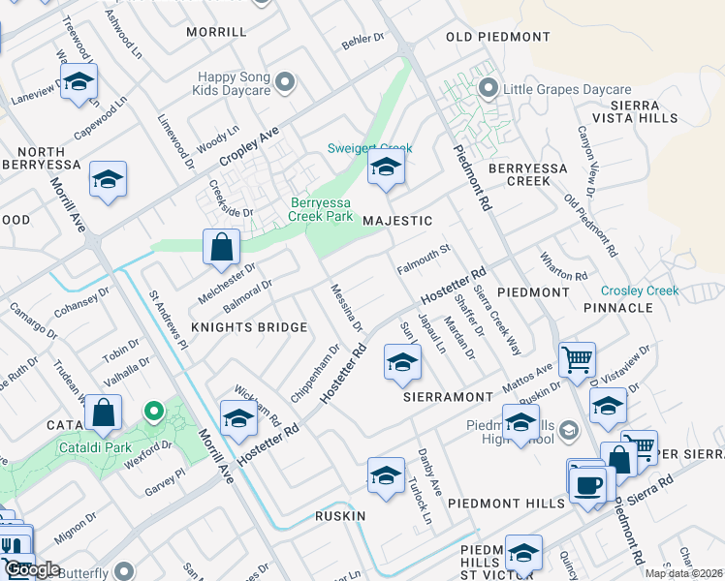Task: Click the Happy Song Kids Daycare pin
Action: point(285,82)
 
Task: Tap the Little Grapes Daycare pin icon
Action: point(488,89)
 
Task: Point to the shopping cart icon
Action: point(577,359)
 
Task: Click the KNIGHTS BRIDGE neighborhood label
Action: point(249,327)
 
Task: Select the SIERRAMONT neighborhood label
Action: point(449,397)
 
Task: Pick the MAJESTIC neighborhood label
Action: point(397,221)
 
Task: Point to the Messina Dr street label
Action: point(346,307)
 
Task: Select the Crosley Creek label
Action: point(640,290)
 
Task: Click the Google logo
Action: point(31,569)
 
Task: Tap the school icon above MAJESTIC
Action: point(386,169)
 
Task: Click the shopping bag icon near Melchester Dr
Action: point(221,246)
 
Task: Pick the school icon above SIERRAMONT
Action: point(402,362)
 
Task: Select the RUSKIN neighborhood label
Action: point(340,516)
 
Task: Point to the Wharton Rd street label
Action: point(565,267)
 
